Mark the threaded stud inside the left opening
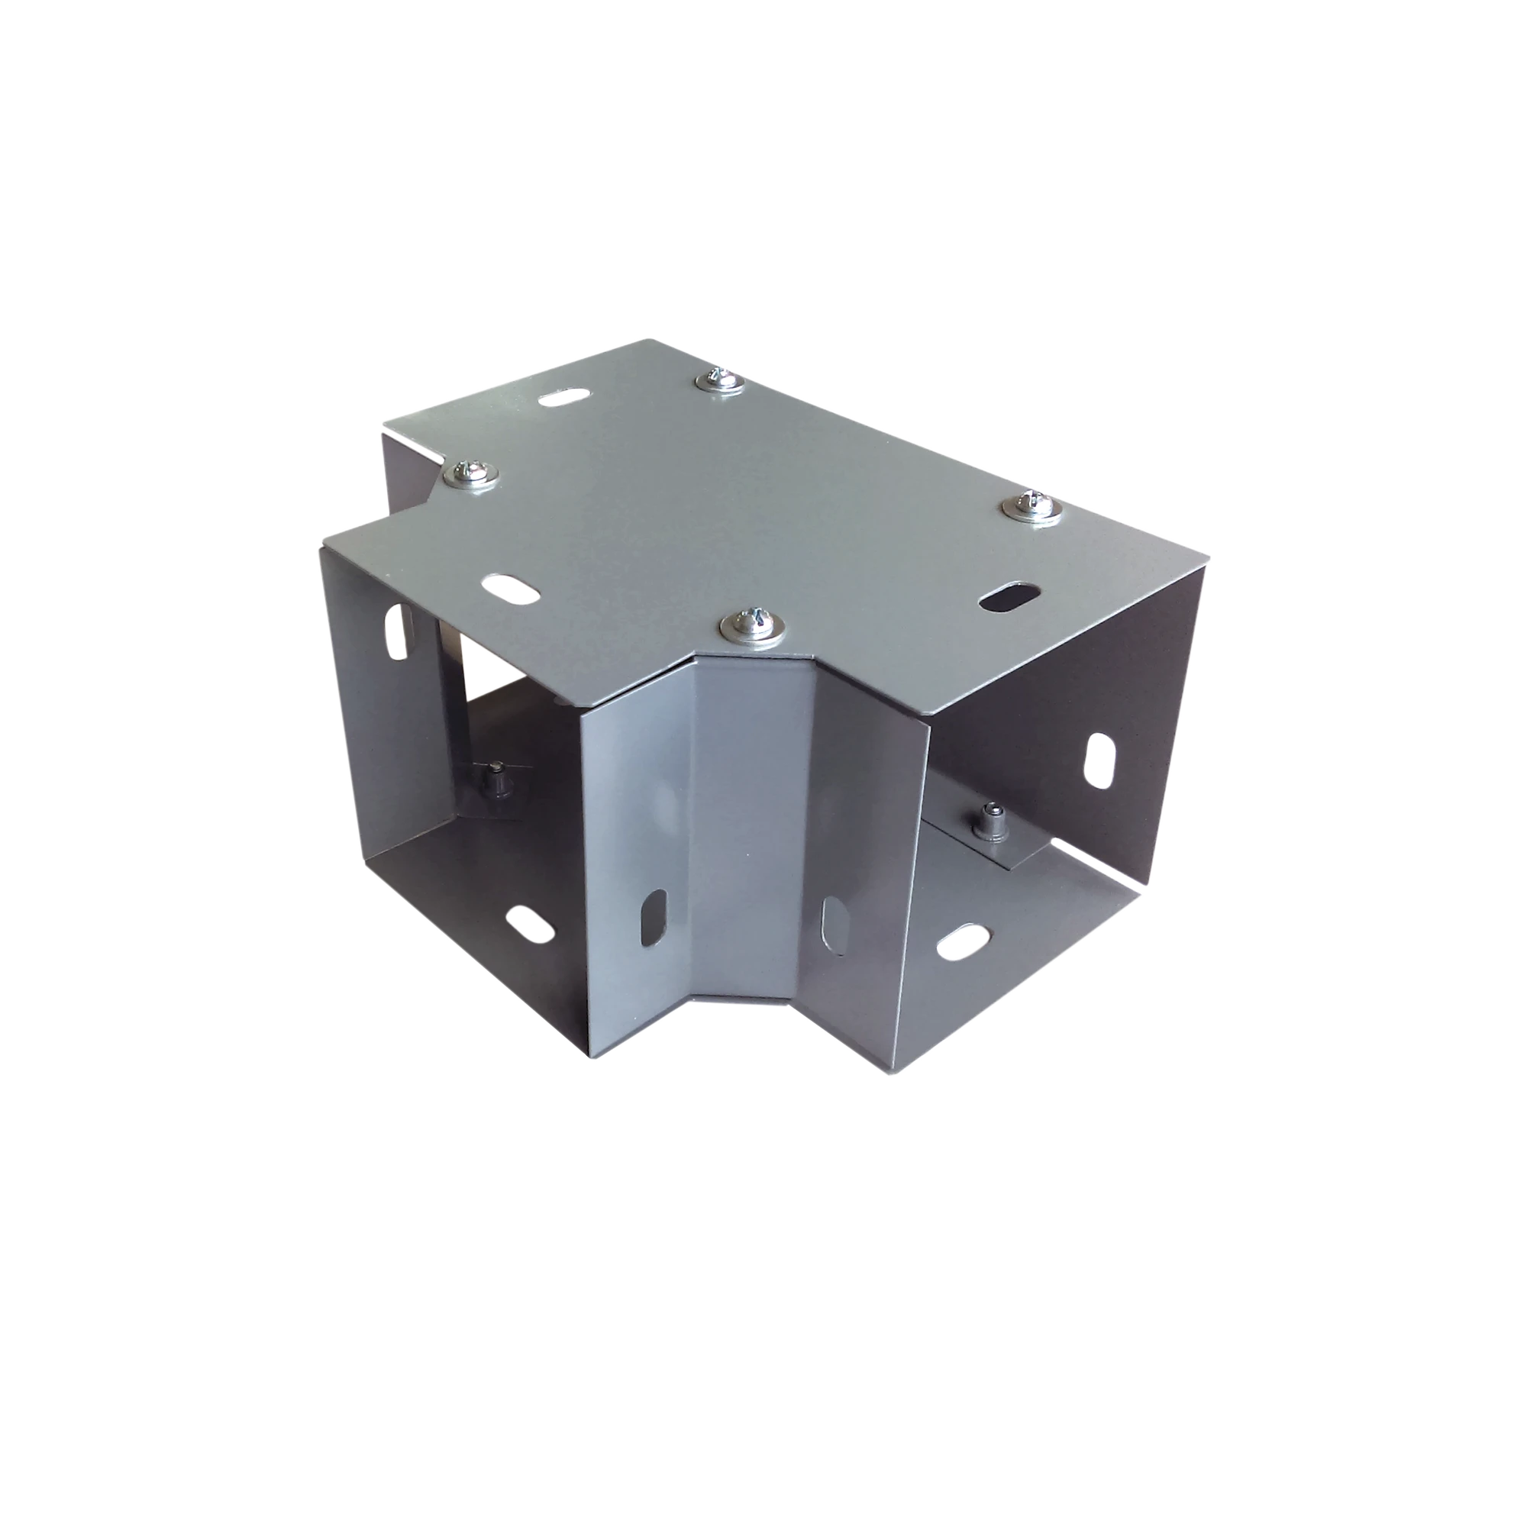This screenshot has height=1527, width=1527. coord(498,779)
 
